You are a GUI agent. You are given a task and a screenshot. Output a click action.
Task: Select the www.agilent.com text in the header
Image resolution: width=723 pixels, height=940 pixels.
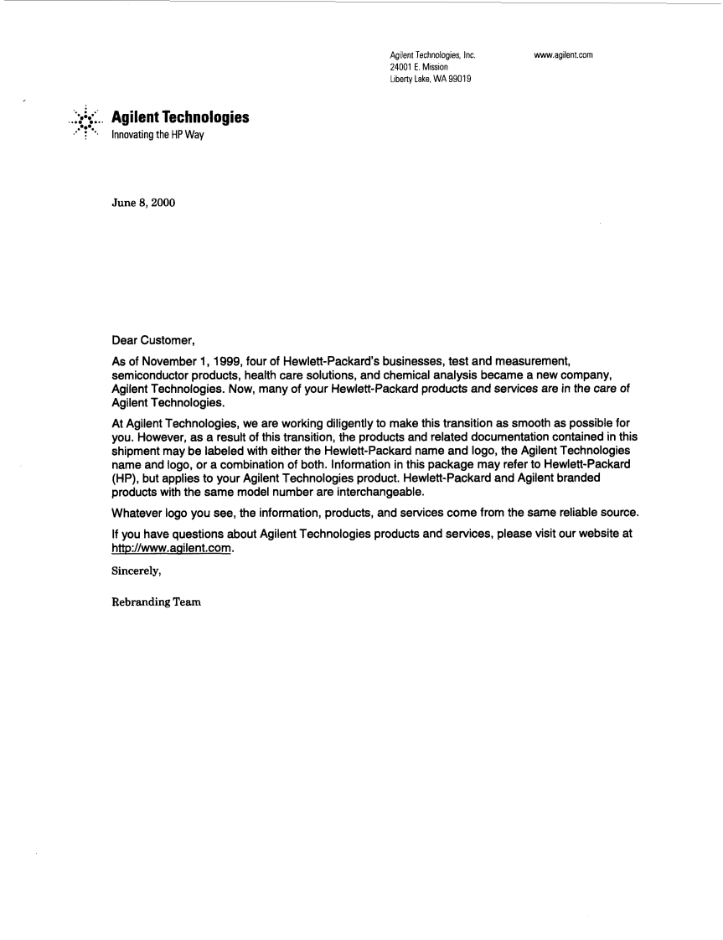pos(563,55)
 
